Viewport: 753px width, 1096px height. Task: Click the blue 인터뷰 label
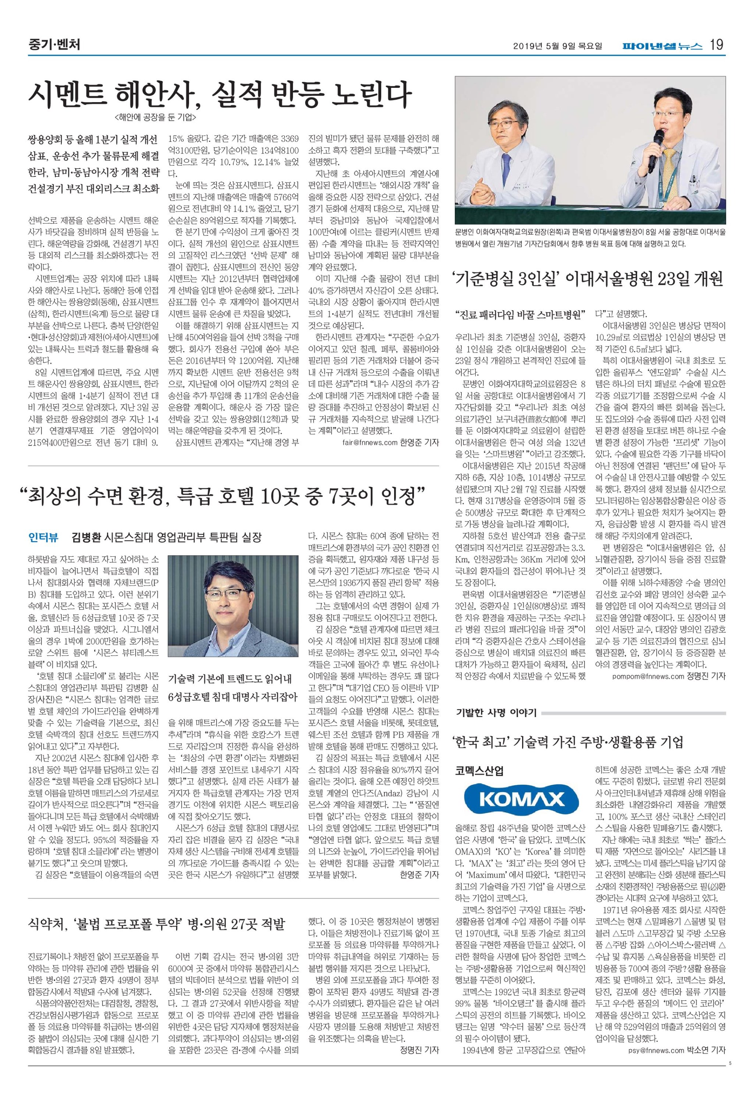(43, 538)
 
